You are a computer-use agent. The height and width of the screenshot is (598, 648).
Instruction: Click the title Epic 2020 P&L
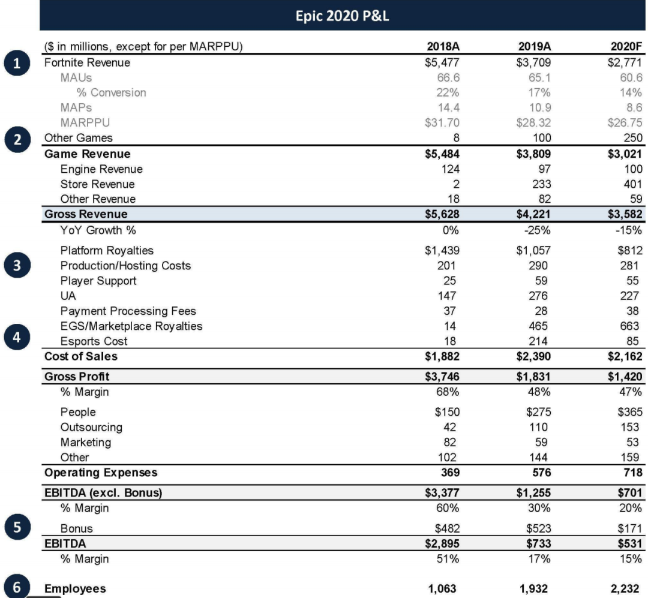click(343, 16)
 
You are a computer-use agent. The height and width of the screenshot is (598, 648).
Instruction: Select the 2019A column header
click(534, 47)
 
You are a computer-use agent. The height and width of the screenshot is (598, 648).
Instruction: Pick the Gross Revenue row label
click(86, 214)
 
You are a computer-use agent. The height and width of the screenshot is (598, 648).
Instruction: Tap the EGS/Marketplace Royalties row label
click(131, 326)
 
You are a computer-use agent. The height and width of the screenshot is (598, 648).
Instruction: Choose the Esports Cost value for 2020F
click(634, 341)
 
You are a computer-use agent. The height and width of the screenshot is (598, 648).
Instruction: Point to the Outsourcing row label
click(91, 427)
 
